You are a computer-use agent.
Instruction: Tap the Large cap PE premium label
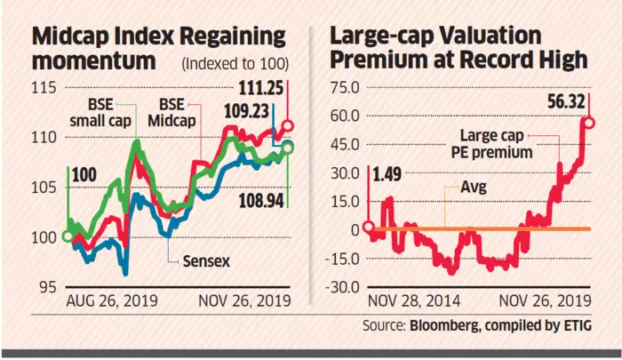498,144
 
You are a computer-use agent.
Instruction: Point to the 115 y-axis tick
44,87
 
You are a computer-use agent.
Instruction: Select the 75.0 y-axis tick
342,87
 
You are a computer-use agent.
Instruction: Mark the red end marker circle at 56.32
587,121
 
